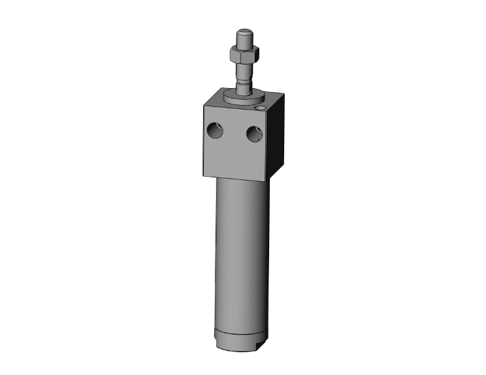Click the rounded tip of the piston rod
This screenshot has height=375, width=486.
pyautogui.click(x=244, y=33)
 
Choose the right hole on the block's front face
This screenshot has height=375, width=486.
pyautogui.click(x=254, y=134)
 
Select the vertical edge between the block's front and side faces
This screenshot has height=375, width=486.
pyautogui.click(x=267, y=147)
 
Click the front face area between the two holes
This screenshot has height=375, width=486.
pyautogui.click(x=235, y=134)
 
